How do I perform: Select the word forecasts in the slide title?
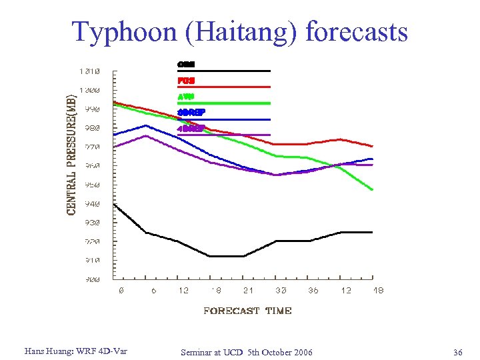[355, 31]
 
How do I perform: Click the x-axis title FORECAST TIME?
[247, 311]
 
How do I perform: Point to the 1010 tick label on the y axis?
[89, 71]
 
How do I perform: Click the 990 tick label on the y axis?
[90, 109]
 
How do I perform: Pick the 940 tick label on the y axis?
[90, 203]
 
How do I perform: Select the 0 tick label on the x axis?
[121, 291]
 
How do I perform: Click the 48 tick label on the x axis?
[377, 291]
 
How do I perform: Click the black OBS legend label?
[186, 65]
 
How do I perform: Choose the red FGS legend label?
[186, 81]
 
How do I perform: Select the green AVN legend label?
[186, 96]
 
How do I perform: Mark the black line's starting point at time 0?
[115, 204]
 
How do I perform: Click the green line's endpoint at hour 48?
[373, 190]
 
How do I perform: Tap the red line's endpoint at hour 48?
[373, 146]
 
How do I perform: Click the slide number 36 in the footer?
[457, 351]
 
